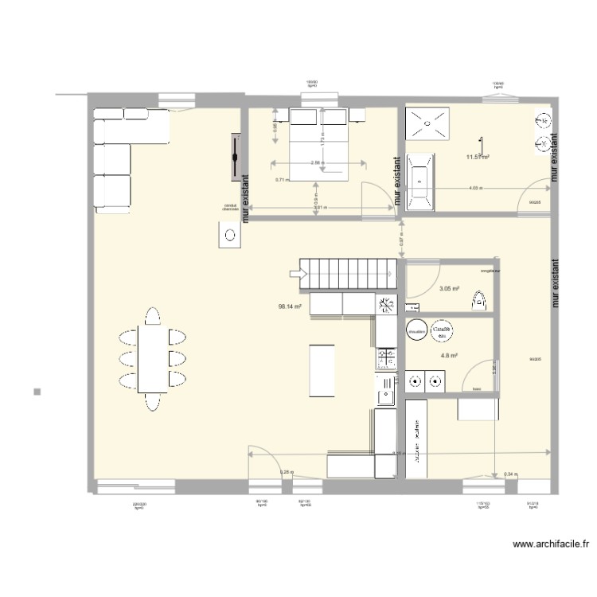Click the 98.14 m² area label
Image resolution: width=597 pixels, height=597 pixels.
click(x=289, y=306)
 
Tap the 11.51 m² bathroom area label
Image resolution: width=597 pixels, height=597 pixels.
click(x=477, y=157)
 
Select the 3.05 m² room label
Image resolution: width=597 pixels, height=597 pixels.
click(x=449, y=289)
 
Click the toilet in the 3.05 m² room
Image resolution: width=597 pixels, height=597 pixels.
click(x=479, y=301)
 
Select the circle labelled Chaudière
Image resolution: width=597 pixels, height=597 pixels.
click(x=416, y=330)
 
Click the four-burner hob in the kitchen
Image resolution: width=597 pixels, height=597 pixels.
click(x=386, y=358)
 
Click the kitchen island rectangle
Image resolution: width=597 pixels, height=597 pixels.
click(x=322, y=369)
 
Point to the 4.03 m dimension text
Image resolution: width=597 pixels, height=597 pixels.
click(x=475, y=189)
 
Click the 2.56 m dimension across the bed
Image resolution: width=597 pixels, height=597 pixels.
click(x=317, y=163)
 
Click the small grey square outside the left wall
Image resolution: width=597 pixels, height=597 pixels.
click(x=37, y=391)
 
